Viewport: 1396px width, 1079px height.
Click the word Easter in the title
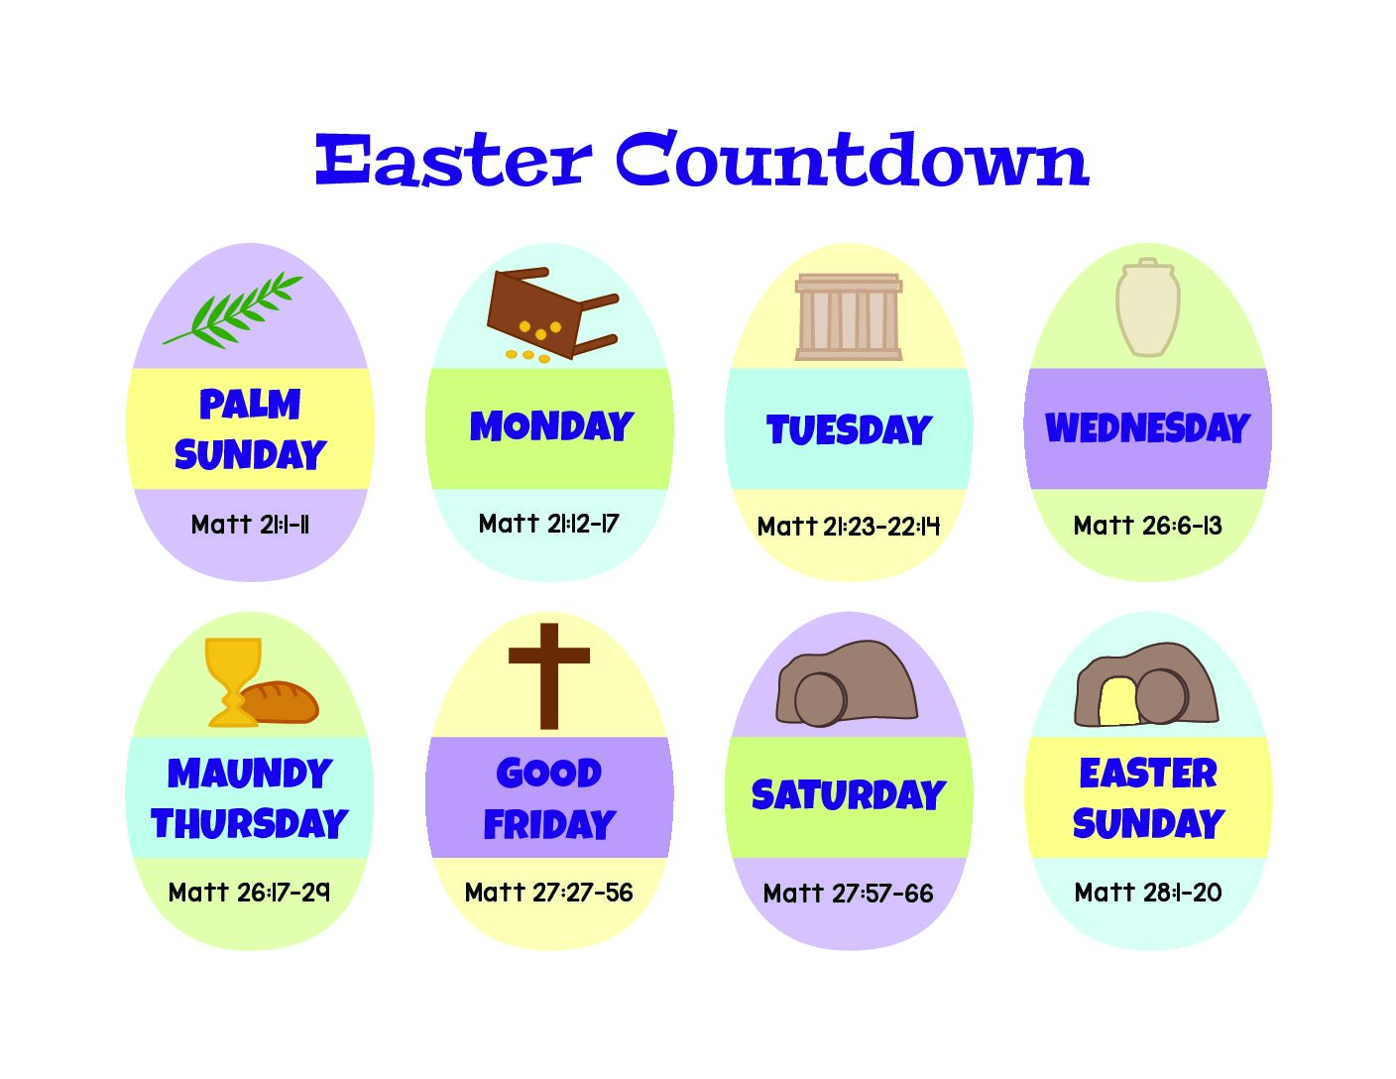(453, 160)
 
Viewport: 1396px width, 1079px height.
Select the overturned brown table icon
(551, 313)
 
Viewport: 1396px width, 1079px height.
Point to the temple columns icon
(848, 316)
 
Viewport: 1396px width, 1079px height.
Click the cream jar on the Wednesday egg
(1147, 307)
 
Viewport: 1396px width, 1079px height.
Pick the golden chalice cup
(233, 682)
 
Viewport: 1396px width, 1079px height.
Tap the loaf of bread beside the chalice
(281, 702)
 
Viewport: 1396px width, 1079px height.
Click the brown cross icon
(548, 676)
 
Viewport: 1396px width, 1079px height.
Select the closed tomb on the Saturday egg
(847, 683)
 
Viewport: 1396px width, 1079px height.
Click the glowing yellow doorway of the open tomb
(1118, 701)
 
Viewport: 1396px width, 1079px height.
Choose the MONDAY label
(551, 426)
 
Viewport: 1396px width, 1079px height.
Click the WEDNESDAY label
(1147, 427)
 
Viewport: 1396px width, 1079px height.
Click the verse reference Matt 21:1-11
(250, 525)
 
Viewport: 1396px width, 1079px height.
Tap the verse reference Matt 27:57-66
(848, 894)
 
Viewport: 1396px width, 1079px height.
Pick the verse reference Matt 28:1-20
(1147, 892)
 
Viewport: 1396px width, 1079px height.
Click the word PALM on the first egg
(249, 405)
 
